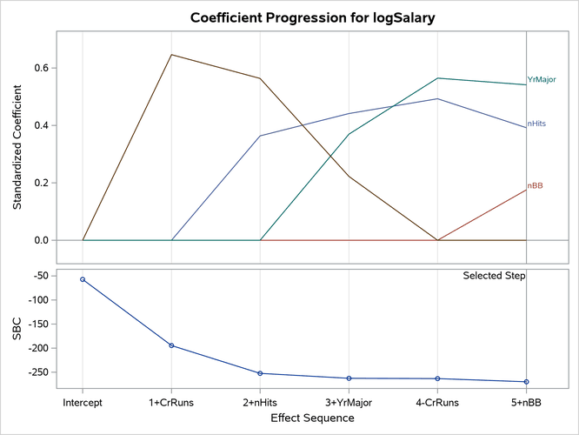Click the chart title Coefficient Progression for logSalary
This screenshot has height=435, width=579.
click(289, 17)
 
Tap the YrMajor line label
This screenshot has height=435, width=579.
click(541, 80)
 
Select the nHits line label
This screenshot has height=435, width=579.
click(537, 124)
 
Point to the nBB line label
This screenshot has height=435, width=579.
click(536, 186)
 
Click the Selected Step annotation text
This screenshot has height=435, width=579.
click(494, 276)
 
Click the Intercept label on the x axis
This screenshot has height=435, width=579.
click(83, 403)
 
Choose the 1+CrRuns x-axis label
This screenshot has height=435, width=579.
click(171, 403)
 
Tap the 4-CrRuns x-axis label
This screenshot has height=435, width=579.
click(437, 403)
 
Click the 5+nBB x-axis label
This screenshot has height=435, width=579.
click(526, 403)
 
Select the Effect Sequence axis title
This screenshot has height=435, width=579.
click(312, 418)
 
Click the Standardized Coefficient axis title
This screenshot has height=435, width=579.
click(17, 148)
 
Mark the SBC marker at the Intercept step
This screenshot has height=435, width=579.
click(83, 279)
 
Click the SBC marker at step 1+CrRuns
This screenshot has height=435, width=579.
click(171, 345)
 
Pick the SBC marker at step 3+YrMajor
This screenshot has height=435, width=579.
click(349, 378)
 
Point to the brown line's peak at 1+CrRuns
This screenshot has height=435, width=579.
click(171, 55)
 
